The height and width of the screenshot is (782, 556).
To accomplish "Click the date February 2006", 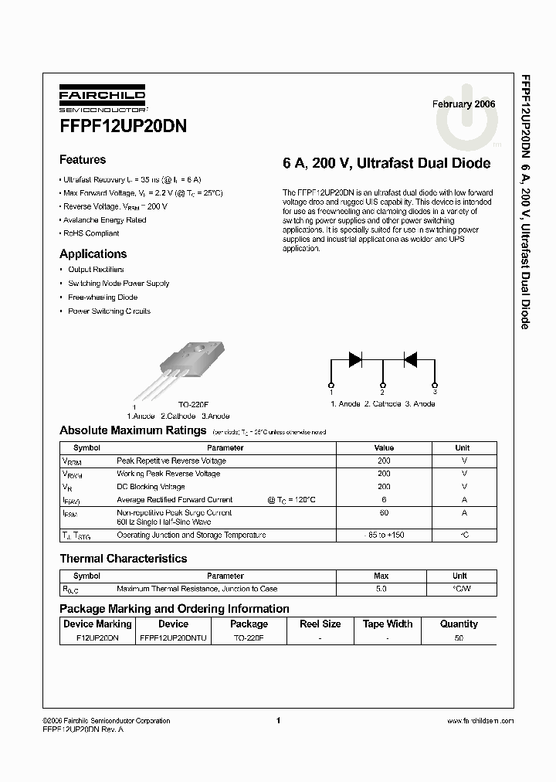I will click(463, 104).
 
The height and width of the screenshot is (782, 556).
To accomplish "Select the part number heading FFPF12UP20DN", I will click(122, 126).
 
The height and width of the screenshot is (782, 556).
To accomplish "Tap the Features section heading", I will click(83, 160).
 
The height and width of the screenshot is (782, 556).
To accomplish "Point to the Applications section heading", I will click(93, 253).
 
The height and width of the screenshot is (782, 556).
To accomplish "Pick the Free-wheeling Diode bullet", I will click(103, 297).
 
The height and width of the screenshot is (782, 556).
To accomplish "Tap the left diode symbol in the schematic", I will click(355, 359).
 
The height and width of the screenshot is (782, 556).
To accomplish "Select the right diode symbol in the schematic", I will click(410, 359).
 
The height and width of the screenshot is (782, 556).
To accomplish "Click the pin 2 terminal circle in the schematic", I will click(382, 384).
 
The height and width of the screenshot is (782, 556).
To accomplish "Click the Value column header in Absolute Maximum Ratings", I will click(384, 448).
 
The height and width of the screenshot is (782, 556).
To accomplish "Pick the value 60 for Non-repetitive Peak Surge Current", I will click(384, 512).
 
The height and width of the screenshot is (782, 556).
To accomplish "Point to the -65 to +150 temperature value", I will click(384, 535).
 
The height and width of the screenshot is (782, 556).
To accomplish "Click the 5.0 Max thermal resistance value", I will click(381, 589).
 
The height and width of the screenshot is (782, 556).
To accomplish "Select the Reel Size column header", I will click(320, 624).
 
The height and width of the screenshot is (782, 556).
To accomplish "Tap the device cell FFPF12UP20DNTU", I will click(173, 638).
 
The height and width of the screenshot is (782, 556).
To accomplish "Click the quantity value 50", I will click(459, 638).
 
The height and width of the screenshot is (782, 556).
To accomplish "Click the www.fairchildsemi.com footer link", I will click(480, 721).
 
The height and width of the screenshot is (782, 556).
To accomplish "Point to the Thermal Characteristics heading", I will click(124, 558).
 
